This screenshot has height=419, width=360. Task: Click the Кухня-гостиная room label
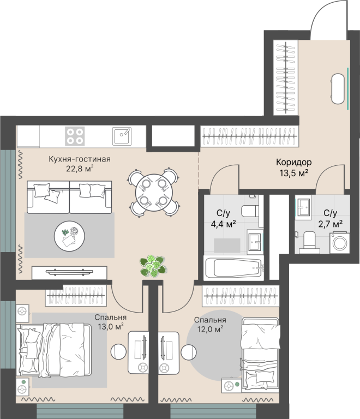click(79, 159)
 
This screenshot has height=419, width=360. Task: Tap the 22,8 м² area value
click(80, 169)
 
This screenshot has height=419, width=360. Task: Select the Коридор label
click(294, 162)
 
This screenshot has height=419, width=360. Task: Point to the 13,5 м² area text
click(294, 173)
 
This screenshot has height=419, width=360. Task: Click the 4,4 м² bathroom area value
click(223, 224)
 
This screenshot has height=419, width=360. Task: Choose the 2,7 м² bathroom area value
click(331, 224)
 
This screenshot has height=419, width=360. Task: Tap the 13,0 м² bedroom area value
click(110, 326)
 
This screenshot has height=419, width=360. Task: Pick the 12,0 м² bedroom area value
click(210, 329)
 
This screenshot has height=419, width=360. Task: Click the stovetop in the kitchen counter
click(75, 136)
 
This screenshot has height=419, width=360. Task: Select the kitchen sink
click(122, 136)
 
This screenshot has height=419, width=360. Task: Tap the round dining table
click(154, 193)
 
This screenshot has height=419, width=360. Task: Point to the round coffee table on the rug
click(69, 236)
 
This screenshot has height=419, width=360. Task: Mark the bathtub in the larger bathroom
click(233, 268)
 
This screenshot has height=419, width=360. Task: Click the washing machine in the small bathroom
click(339, 243)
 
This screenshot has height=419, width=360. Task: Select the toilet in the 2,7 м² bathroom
click(309, 242)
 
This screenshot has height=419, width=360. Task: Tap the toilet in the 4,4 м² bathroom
click(250, 211)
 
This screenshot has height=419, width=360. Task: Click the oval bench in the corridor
click(338, 88)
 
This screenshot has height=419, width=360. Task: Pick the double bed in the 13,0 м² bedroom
click(53, 350)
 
